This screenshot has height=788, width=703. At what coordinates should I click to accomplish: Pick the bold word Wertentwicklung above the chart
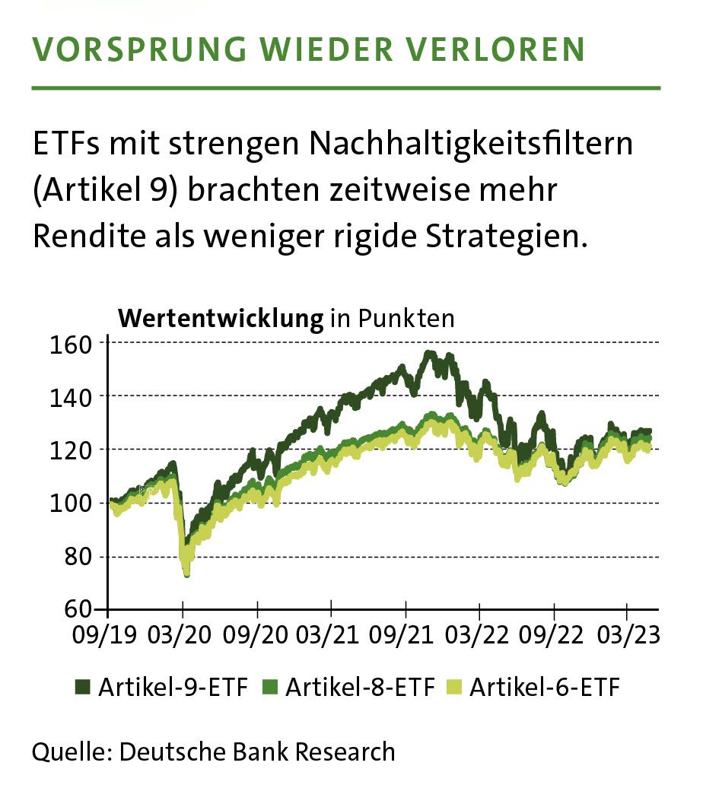[x=221, y=318]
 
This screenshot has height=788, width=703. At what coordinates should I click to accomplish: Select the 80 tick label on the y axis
[x=80, y=557]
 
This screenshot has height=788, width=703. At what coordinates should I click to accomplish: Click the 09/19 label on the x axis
[x=108, y=634]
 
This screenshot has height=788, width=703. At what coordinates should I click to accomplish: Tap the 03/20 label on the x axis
[x=183, y=634]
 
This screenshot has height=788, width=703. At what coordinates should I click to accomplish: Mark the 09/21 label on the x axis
[x=406, y=634]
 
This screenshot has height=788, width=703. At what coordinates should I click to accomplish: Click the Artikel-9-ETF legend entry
[x=163, y=688]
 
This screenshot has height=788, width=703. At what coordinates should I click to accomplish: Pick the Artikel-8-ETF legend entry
[x=350, y=688]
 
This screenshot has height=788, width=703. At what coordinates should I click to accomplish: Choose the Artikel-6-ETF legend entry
[x=535, y=688]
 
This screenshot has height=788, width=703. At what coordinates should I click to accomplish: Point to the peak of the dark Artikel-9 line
[x=429, y=354]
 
